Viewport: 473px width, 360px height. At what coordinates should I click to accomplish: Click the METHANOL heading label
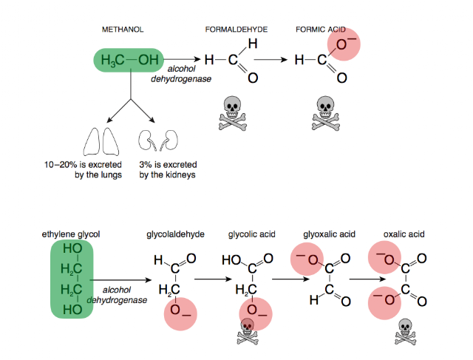tap(122, 29)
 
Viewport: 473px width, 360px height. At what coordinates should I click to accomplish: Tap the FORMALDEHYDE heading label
tap(236, 29)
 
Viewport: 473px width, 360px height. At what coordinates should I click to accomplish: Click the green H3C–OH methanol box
tap(129, 60)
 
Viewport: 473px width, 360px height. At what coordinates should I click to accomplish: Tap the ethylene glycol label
tap(71, 234)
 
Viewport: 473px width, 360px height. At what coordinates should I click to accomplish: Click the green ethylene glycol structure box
tap(71, 278)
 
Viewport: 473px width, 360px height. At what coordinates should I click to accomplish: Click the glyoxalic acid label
tap(329, 234)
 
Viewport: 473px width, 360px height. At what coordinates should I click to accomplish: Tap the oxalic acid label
tap(402, 234)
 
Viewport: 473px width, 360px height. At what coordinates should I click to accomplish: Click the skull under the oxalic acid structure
tap(404, 330)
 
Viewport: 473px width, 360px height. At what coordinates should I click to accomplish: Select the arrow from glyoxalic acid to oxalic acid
tap(370, 279)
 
